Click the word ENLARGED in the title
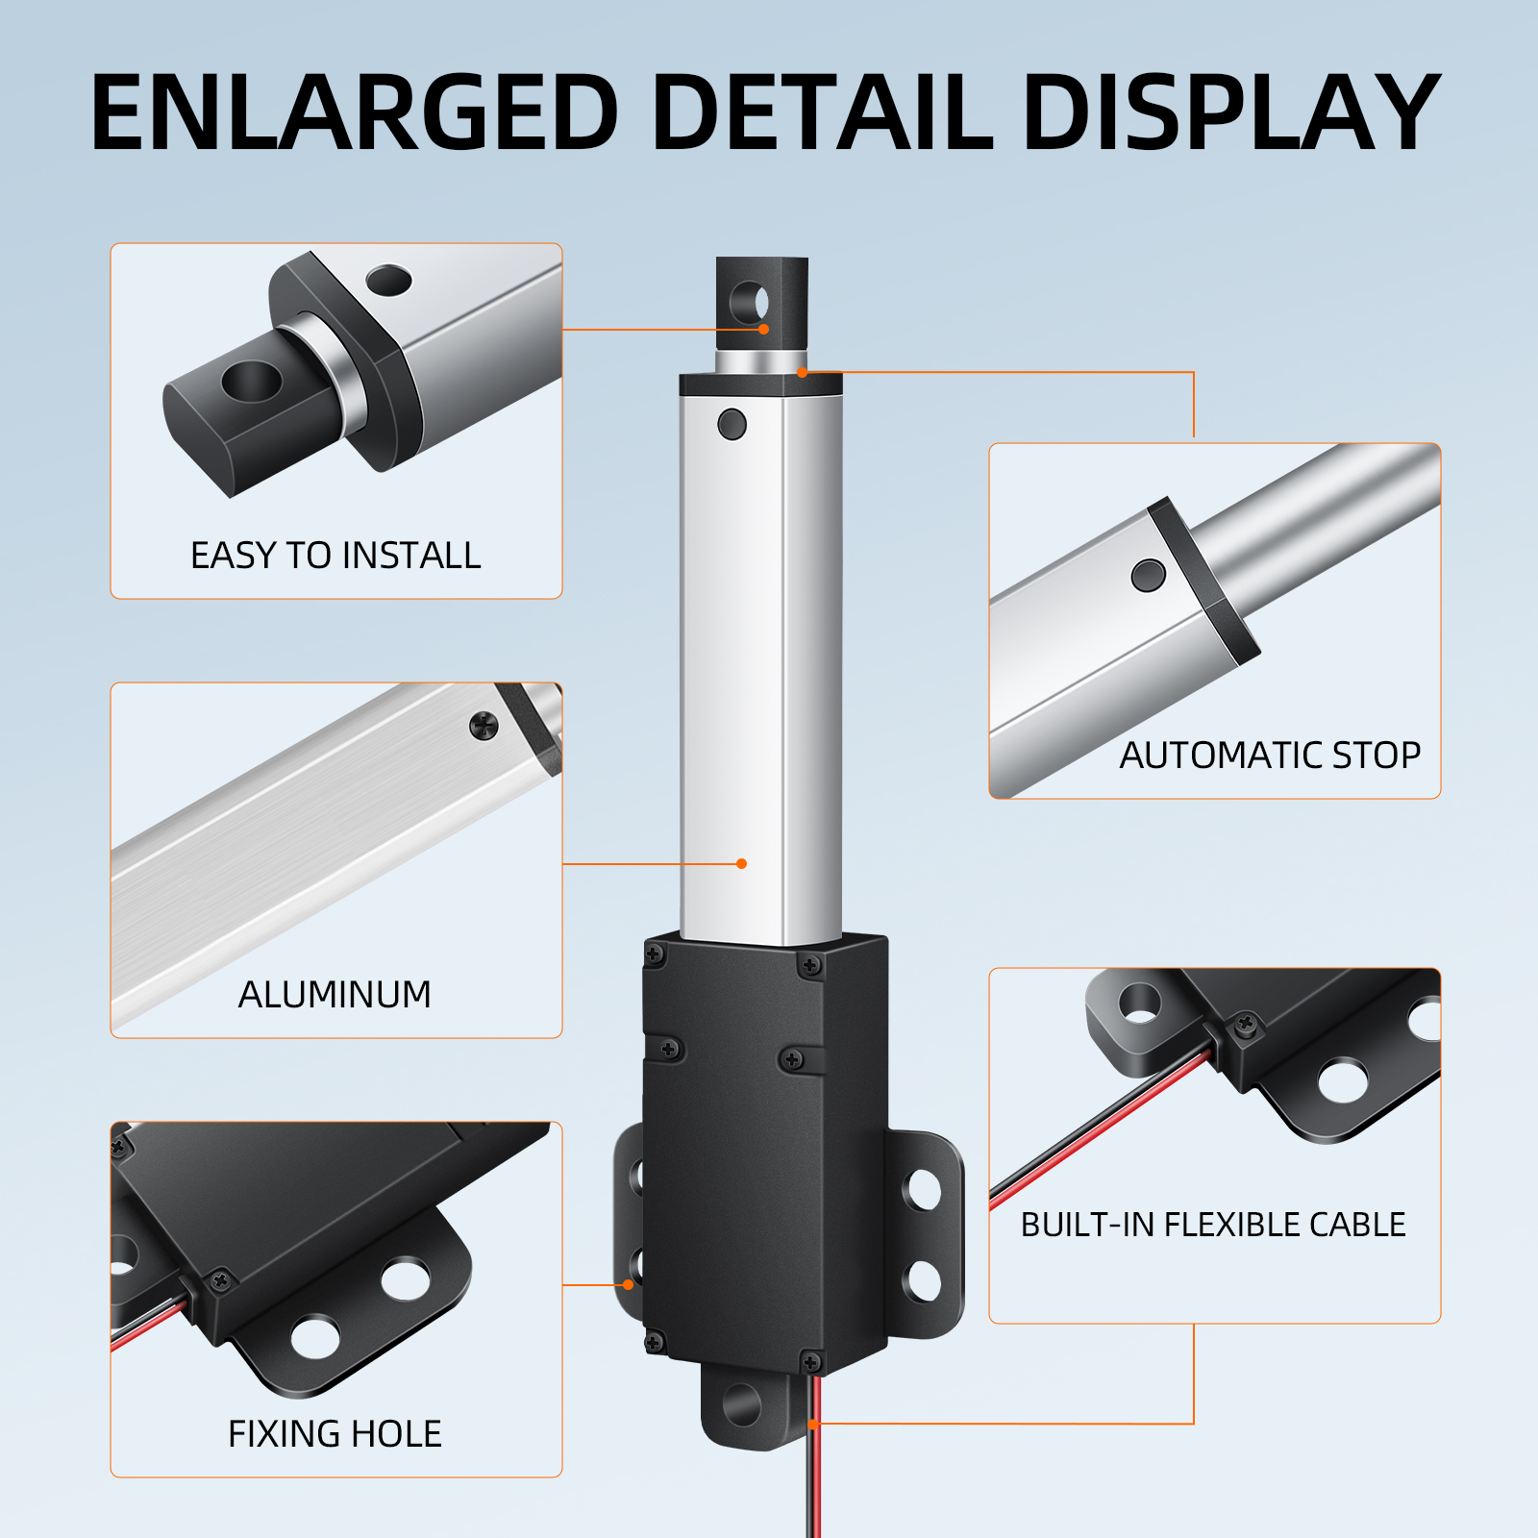click(x=355, y=112)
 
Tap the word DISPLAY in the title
click(x=1231, y=112)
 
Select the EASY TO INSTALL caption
click(x=335, y=556)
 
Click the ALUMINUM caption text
click(x=335, y=995)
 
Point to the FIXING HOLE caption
click(x=335, y=1434)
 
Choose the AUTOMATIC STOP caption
click(x=1270, y=756)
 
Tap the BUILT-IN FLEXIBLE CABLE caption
click(x=1213, y=1225)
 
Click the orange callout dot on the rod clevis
click(x=763, y=329)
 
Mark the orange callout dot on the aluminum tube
click(x=741, y=863)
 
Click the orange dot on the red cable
click(x=814, y=1424)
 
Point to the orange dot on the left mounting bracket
click(x=629, y=1284)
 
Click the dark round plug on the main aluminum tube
click(x=732, y=424)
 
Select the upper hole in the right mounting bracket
click(x=924, y=1190)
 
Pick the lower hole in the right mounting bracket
click(x=924, y=1280)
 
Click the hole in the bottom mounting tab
click(x=742, y=1405)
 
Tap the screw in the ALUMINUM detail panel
click(x=484, y=726)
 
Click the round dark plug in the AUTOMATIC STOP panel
click(x=1149, y=576)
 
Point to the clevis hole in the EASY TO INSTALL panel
click(x=252, y=382)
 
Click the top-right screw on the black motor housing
click(x=811, y=965)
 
